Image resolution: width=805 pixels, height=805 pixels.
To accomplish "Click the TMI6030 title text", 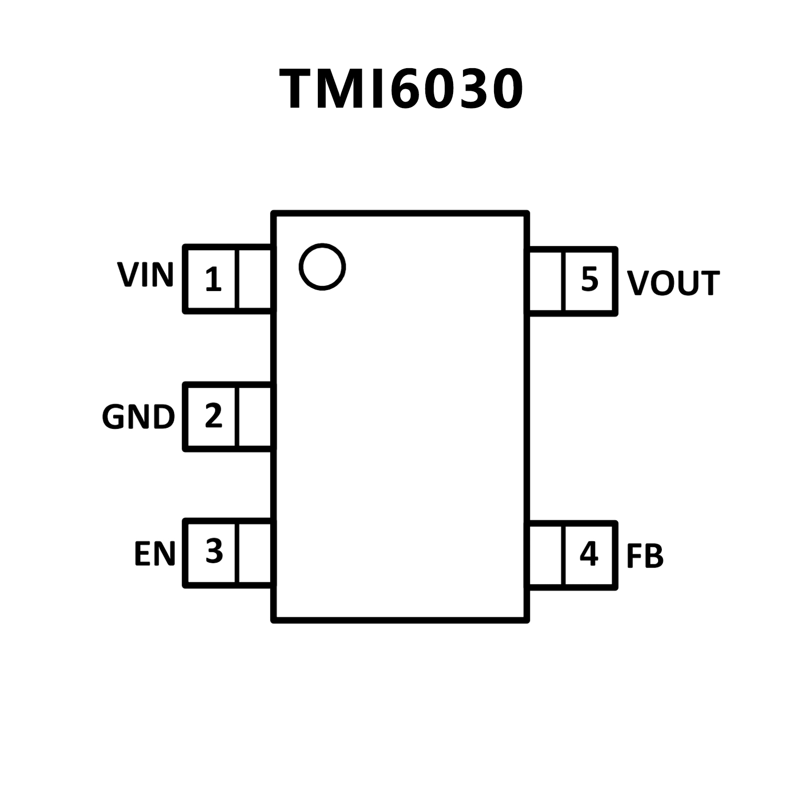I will click(x=401, y=89).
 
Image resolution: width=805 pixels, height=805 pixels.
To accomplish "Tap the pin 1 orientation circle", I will click(x=322, y=266).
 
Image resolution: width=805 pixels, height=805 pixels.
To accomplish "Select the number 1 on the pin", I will click(x=213, y=280).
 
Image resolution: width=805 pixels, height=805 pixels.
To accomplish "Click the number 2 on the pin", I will click(x=213, y=416).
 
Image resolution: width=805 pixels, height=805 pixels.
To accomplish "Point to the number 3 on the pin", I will click(x=214, y=552).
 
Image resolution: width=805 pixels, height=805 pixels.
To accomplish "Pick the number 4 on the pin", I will click(x=588, y=553).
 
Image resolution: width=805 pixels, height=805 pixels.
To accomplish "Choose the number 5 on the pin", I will click(x=589, y=280).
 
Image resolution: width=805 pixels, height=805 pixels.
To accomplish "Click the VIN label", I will click(x=145, y=275).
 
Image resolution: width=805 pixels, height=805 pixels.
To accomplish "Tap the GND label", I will click(x=138, y=417).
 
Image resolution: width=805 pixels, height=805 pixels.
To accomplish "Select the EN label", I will click(x=154, y=554).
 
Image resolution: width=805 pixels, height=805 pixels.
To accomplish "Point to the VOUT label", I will click(x=673, y=284).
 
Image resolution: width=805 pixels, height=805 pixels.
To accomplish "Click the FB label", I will click(x=645, y=556).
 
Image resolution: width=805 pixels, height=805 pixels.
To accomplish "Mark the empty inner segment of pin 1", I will click(x=255, y=279).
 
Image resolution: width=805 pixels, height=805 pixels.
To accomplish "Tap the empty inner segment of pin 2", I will click(x=255, y=416).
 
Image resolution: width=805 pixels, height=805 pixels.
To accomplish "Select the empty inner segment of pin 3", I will click(x=255, y=553).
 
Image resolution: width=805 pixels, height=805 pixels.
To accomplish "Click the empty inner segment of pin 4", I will click(x=546, y=555).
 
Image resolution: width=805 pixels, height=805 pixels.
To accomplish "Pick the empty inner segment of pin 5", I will click(x=546, y=281).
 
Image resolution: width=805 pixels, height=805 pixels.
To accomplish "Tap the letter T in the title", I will click(x=299, y=90).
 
